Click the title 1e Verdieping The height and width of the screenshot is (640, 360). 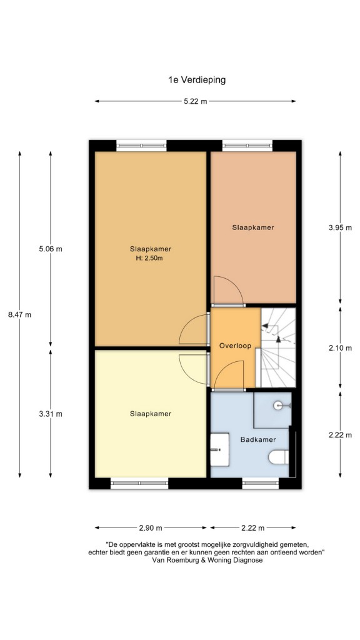click(x=197, y=80)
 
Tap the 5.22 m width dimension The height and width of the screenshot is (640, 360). click(x=195, y=101)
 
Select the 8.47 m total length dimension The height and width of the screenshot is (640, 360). click(x=19, y=314)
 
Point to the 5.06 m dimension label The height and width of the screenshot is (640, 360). click(x=51, y=249)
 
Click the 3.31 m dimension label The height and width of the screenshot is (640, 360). click(x=51, y=414)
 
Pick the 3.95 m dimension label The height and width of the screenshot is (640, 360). click(x=340, y=227)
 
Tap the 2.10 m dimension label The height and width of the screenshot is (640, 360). click(x=340, y=348)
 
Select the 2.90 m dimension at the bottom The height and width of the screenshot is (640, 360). click(x=151, y=527)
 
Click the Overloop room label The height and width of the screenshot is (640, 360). click(x=234, y=346)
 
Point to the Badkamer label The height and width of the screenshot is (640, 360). click(x=258, y=439)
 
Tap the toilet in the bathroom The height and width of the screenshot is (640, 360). click(x=279, y=457)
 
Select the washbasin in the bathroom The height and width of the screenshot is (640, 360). click(x=219, y=449)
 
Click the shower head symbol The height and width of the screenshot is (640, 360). click(x=282, y=405)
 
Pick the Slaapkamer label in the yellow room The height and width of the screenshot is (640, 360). click(x=151, y=414)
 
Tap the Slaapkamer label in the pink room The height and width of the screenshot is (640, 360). click(x=253, y=227)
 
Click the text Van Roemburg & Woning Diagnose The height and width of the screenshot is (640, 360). click(x=207, y=561)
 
